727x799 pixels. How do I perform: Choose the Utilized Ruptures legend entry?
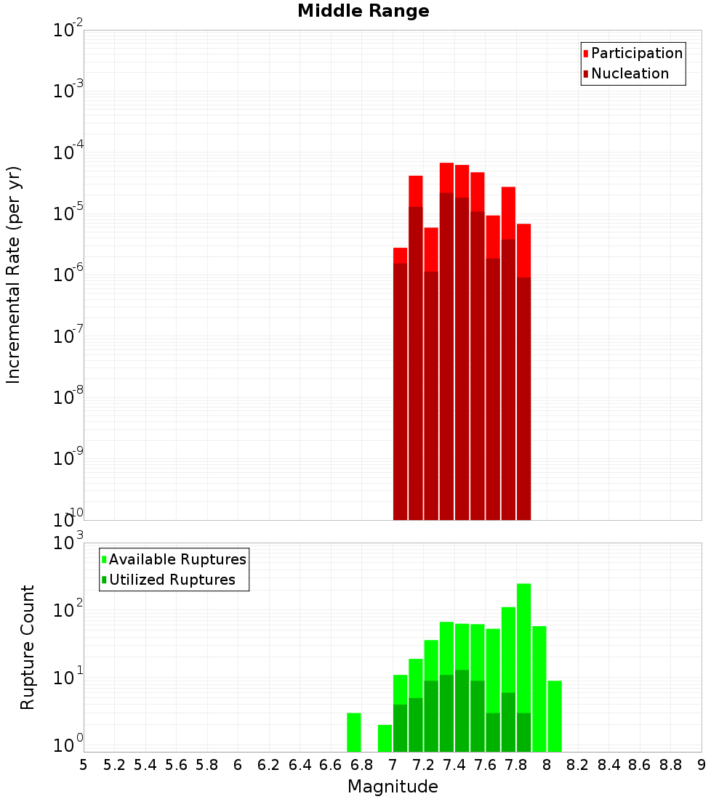coord(172,580)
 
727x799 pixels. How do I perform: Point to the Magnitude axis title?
coord(393,787)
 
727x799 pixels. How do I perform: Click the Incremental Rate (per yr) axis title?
coord(14,275)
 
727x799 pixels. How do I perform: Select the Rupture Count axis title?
coord(28,647)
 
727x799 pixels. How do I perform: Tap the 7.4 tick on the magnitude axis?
coord(454,764)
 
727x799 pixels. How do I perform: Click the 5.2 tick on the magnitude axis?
coord(115,764)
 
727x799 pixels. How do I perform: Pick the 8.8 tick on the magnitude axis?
coord(670,764)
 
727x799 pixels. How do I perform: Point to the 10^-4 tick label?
coord(68,152)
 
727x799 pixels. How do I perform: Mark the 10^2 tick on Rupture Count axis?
coord(68,609)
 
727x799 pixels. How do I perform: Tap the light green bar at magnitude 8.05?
coord(555,715)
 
